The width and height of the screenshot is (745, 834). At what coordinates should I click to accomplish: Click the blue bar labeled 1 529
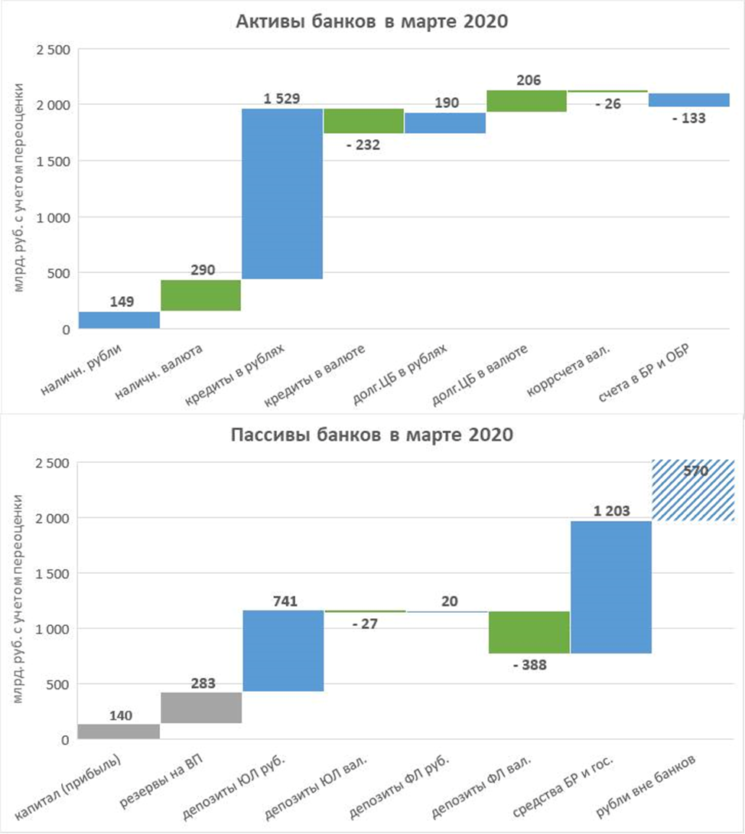(x=282, y=194)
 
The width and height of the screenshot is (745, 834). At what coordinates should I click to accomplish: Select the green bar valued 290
(x=201, y=295)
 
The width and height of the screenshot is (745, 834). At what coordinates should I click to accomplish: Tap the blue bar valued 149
(x=119, y=320)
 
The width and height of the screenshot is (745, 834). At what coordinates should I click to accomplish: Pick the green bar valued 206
(x=526, y=101)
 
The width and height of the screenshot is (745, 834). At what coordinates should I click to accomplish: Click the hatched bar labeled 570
(x=692, y=490)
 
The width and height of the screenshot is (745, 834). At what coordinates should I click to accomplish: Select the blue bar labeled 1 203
(x=610, y=587)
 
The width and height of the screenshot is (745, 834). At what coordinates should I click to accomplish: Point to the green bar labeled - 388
(x=529, y=632)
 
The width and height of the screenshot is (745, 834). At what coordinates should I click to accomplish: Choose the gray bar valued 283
(x=201, y=708)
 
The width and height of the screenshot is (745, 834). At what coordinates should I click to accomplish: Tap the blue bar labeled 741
(x=282, y=650)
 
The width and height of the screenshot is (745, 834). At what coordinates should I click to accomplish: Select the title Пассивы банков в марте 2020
(x=372, y=436)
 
